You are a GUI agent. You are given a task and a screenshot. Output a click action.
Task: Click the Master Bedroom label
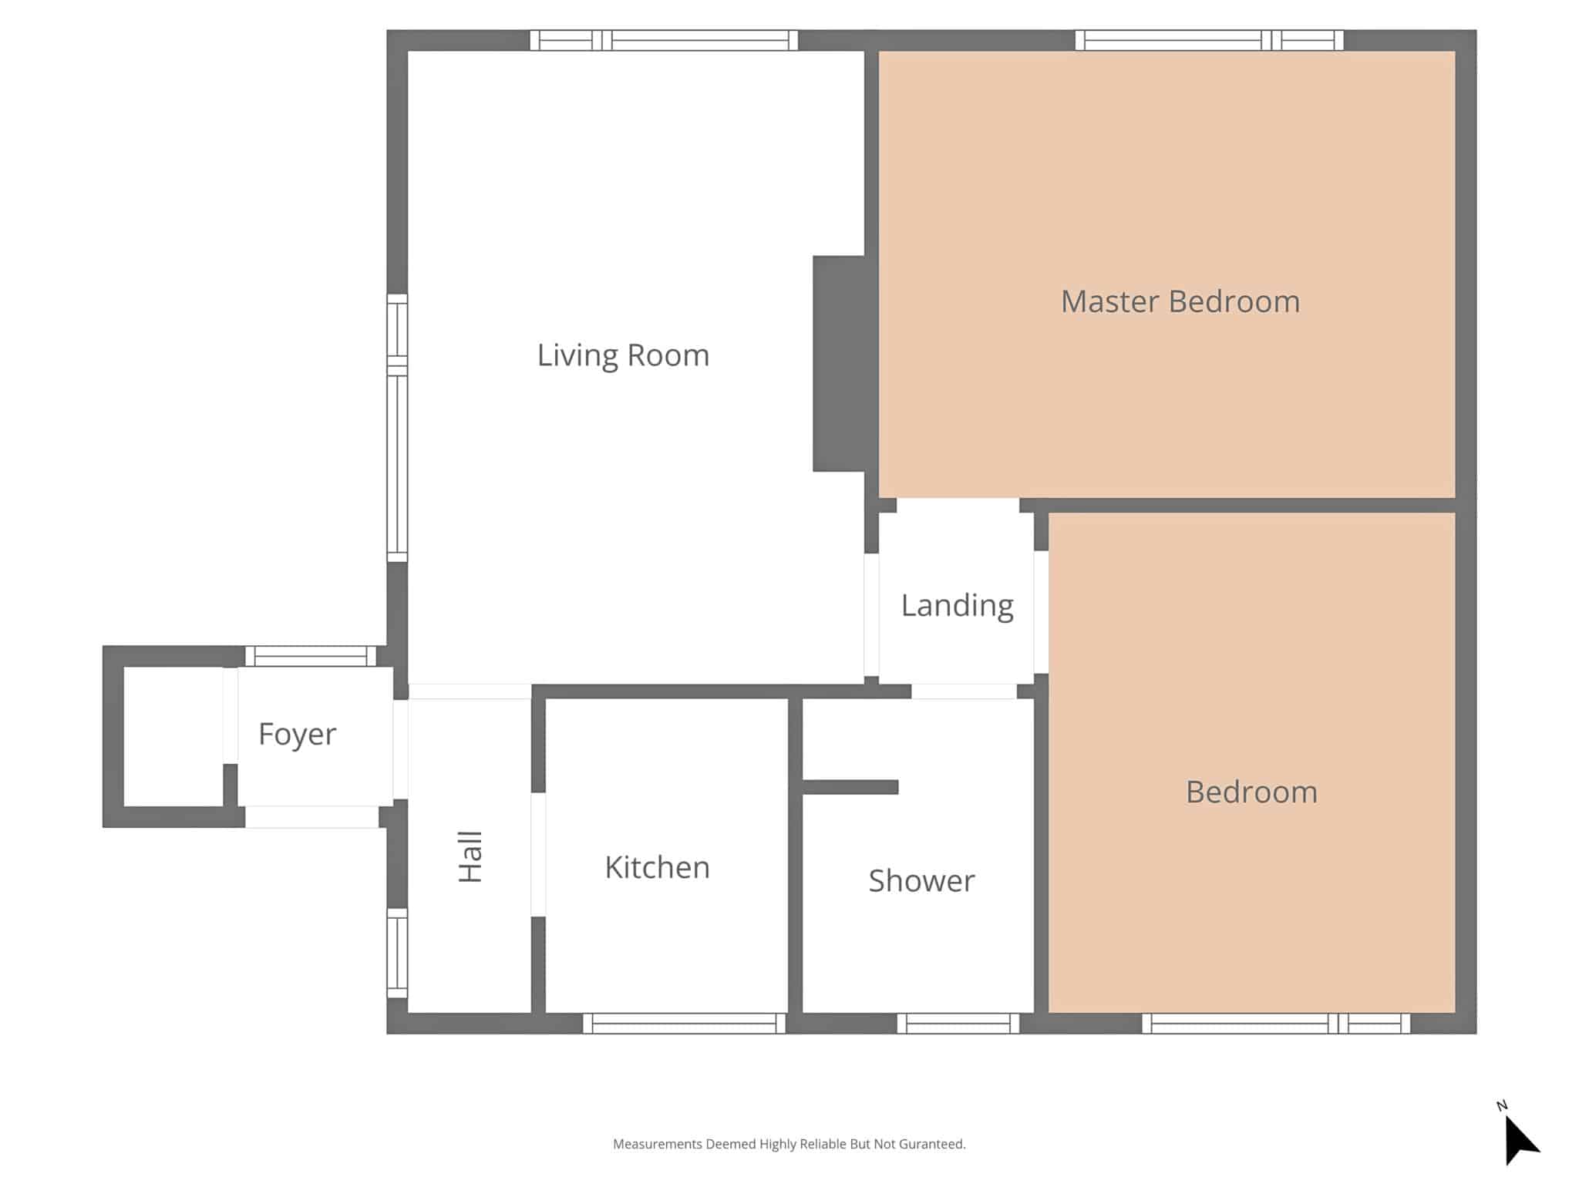coord(1180,301)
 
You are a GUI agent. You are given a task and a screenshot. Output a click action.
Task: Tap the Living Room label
coord(623,355)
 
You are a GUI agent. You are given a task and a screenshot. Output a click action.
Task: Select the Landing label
coord(957,606)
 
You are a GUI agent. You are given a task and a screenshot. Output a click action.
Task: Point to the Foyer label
coord(297,735)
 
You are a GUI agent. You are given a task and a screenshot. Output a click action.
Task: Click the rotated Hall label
coord(470,856)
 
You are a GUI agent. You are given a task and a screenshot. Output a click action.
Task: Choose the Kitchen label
coord(657,867)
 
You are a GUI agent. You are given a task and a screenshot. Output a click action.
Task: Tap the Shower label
coord(921,880)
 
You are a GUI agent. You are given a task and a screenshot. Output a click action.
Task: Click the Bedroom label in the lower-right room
coord(1251,792)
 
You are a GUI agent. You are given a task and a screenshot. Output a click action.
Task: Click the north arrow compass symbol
coord(1520,1136)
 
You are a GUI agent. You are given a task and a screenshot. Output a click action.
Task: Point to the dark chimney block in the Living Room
coord(839,364)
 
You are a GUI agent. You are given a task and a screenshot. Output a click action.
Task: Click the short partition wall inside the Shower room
coord(850,787)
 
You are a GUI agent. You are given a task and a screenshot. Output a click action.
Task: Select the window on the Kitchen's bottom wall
coord(685,1024)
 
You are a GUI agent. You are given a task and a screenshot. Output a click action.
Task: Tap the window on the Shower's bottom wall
coord(958,1024)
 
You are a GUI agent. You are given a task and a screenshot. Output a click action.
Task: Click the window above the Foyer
coord(311,656)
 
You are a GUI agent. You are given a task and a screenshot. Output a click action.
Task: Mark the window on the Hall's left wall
coord(397,954)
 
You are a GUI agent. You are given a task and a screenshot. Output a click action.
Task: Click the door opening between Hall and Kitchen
coord(538,855)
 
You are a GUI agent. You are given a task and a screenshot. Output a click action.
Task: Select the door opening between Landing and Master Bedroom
coord(958,506)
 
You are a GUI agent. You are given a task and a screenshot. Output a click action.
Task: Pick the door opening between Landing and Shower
coord(965,691)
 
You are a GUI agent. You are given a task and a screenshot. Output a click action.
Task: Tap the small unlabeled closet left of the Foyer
coord(173,736)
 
